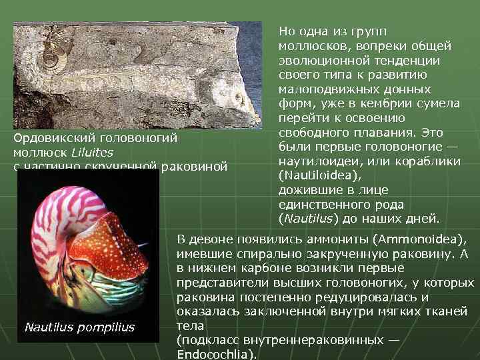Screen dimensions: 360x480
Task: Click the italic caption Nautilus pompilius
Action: coord(79,327)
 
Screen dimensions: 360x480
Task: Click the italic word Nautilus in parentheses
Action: coord(307,218)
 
